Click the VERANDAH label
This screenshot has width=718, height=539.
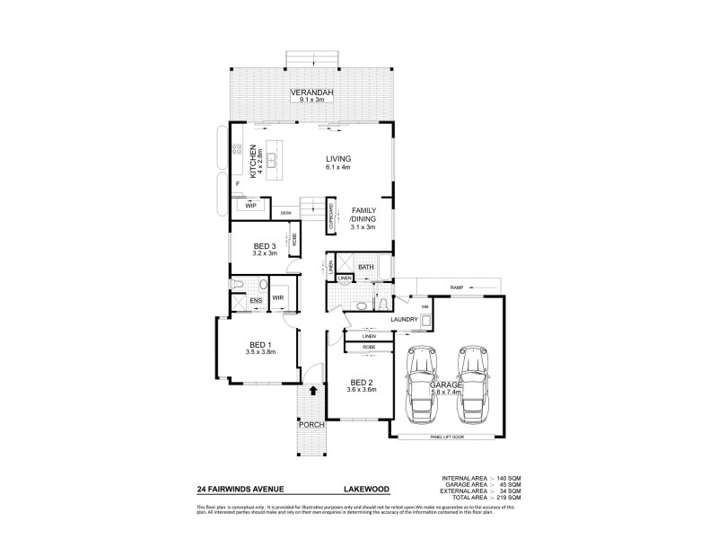click(x=312, y=93)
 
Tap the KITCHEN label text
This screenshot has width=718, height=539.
click(x=253, y=161)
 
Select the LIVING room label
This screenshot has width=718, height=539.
click(x=338, y=159)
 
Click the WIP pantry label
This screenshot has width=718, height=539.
click(x=250, y=205)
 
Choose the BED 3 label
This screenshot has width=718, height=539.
click(x=264, y=246)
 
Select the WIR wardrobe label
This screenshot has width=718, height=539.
click(x=278, y=298)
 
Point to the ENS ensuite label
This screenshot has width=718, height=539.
click(x=255, y=300)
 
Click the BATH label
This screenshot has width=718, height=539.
click(x=366, y=267)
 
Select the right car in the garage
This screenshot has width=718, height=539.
click(x=473, y=382)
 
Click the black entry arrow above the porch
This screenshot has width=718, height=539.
click(x=312, y=390)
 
